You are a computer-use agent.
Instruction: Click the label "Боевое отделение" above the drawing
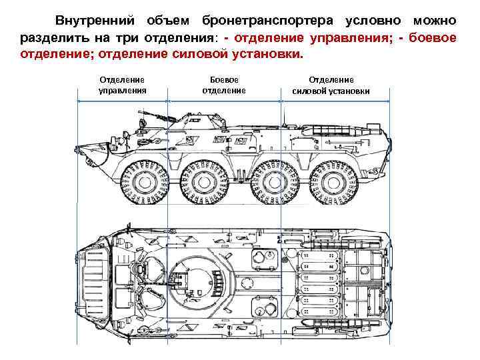pos(223,85)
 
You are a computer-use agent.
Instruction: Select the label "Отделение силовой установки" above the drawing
pos(331,85)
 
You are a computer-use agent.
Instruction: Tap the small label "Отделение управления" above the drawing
pos(122,85)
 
